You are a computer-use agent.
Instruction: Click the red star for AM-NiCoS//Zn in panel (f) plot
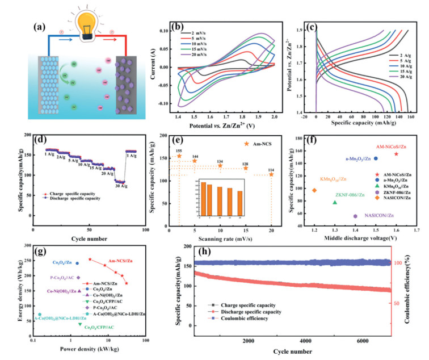coord(396,154)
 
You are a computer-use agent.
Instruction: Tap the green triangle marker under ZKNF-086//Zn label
coord(335,202)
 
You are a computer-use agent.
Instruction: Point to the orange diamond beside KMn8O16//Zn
coord(314,190)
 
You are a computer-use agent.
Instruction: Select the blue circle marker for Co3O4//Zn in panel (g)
coord(77,263)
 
